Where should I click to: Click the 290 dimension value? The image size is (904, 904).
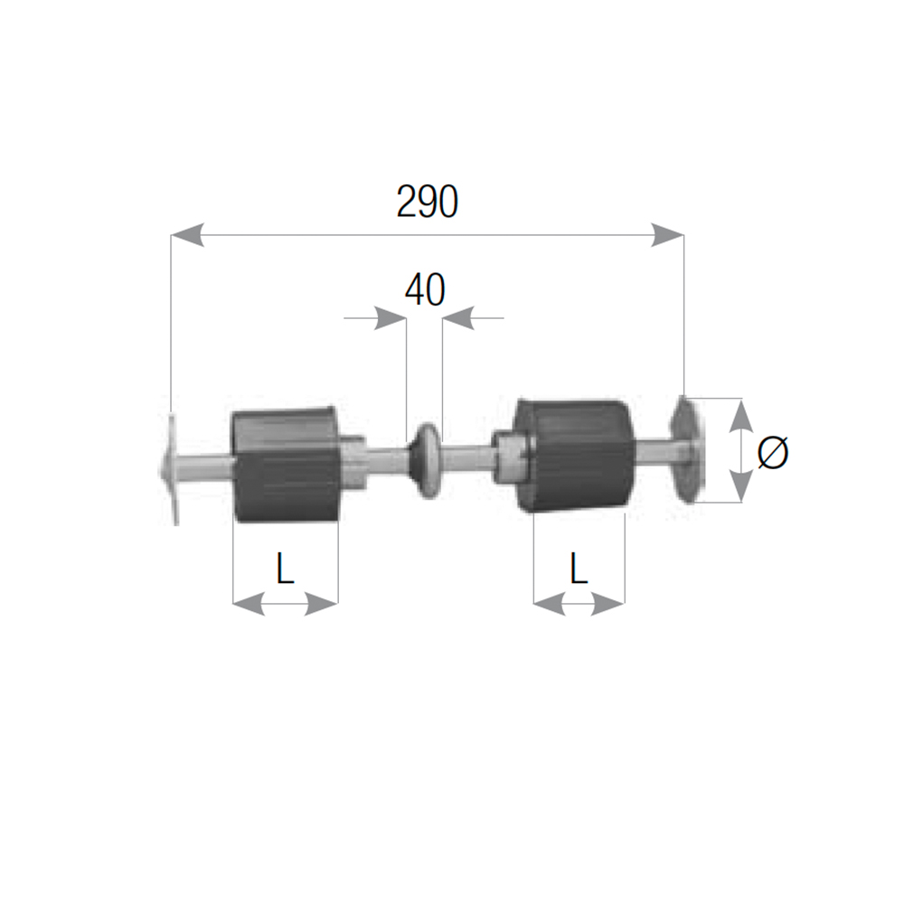click(428, 202)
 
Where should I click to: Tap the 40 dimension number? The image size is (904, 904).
click(425, 290)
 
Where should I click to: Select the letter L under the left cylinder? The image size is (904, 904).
click(286, 568)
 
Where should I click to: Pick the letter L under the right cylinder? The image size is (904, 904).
click(579, 568)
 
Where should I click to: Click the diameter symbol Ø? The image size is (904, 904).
click(773, 452)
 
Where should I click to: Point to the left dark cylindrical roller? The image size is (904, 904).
click(286, 464)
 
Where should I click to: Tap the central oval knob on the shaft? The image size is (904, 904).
click(426, 461)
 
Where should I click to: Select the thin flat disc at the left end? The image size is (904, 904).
click(171, 468)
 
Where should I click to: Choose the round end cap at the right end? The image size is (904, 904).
click(687, 449)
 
